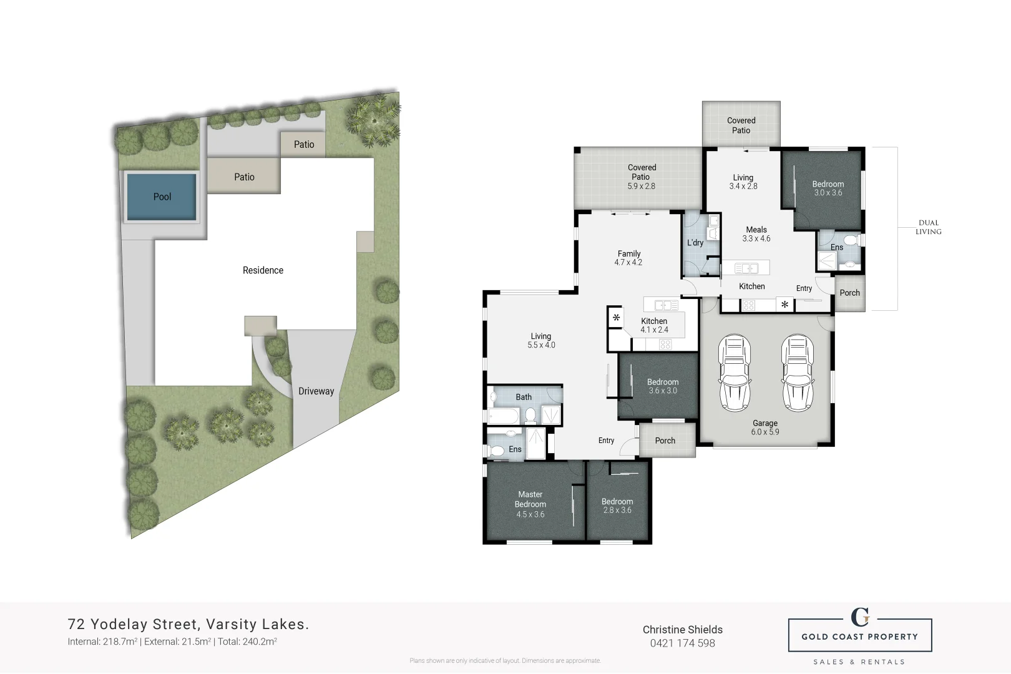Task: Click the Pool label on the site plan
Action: (162, 197)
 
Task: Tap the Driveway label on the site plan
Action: (316, 391)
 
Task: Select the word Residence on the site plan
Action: (263, 270)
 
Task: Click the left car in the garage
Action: (735, 373)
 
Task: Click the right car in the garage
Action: (798, 373)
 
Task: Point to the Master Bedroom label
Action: (530, 504)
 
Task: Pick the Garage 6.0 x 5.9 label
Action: (765, 427)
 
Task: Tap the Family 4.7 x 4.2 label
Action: (628, 258)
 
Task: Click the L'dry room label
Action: (695, 243)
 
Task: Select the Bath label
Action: (524, 397)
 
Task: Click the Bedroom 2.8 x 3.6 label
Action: (617, 506)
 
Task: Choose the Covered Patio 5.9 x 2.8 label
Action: (642, 177)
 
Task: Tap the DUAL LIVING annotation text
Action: (928, 227)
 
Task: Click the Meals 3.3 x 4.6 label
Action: (756, 234)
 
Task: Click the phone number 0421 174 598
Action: (683, 643)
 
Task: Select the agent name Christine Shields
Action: (683, 630)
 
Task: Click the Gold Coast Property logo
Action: (860, 635)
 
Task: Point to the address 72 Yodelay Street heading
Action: (188, 624)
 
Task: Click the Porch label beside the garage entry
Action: (849, 293)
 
